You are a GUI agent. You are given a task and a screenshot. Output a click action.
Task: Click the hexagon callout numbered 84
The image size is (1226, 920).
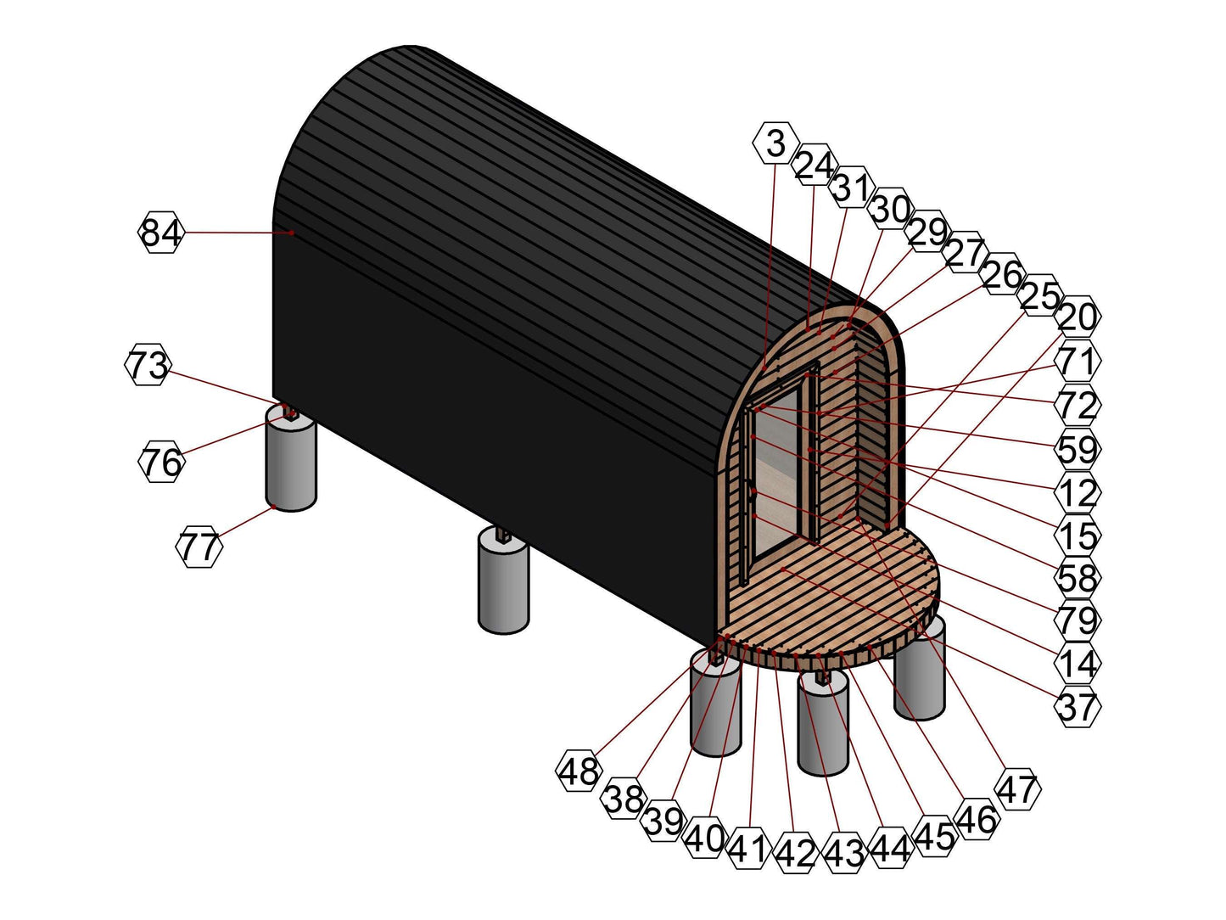click(160, 232)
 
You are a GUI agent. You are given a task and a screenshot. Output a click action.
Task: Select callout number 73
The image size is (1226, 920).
click(148, 366)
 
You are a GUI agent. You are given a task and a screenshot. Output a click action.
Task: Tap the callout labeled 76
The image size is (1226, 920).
click(160, 462)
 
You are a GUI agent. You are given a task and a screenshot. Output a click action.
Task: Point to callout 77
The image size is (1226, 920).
click(199, 547)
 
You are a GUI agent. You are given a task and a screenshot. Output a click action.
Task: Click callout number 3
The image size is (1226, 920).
click(775, 143)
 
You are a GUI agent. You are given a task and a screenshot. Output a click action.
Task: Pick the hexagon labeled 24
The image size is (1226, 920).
click(815, 165)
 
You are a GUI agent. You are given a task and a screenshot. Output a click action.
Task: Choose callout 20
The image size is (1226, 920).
click(1078, 317)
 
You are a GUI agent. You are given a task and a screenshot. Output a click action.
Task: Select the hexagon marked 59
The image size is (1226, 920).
click(1078, 448)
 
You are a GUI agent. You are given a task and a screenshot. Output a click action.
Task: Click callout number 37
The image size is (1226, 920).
click(1078, 706)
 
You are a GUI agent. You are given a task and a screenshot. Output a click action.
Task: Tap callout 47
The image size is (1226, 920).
click(1017, 788)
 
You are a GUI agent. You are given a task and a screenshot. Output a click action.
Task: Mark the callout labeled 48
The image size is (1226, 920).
click(579, 771)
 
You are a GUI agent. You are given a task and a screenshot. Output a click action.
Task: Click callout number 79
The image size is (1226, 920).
click(1078, 620)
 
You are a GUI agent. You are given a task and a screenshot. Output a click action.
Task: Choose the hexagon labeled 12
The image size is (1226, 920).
click(1078, 491)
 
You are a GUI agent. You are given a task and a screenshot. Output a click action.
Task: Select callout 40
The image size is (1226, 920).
click(704, 839)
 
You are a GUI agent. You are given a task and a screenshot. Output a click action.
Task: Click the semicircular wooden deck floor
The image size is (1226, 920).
click(840, 594)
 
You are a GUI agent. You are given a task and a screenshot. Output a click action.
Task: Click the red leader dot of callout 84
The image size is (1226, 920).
click(291, 232)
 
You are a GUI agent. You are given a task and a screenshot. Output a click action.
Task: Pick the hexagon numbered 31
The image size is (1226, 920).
click(852, 188)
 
